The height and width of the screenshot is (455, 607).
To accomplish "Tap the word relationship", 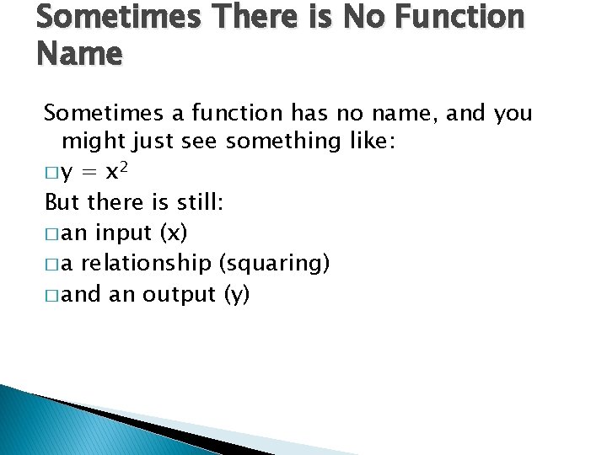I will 148,264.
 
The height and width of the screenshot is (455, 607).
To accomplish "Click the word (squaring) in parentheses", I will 274,264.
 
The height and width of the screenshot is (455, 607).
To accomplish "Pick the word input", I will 124,233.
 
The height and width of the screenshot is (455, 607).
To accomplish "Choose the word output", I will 179,294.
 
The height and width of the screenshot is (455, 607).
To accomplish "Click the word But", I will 62,203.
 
